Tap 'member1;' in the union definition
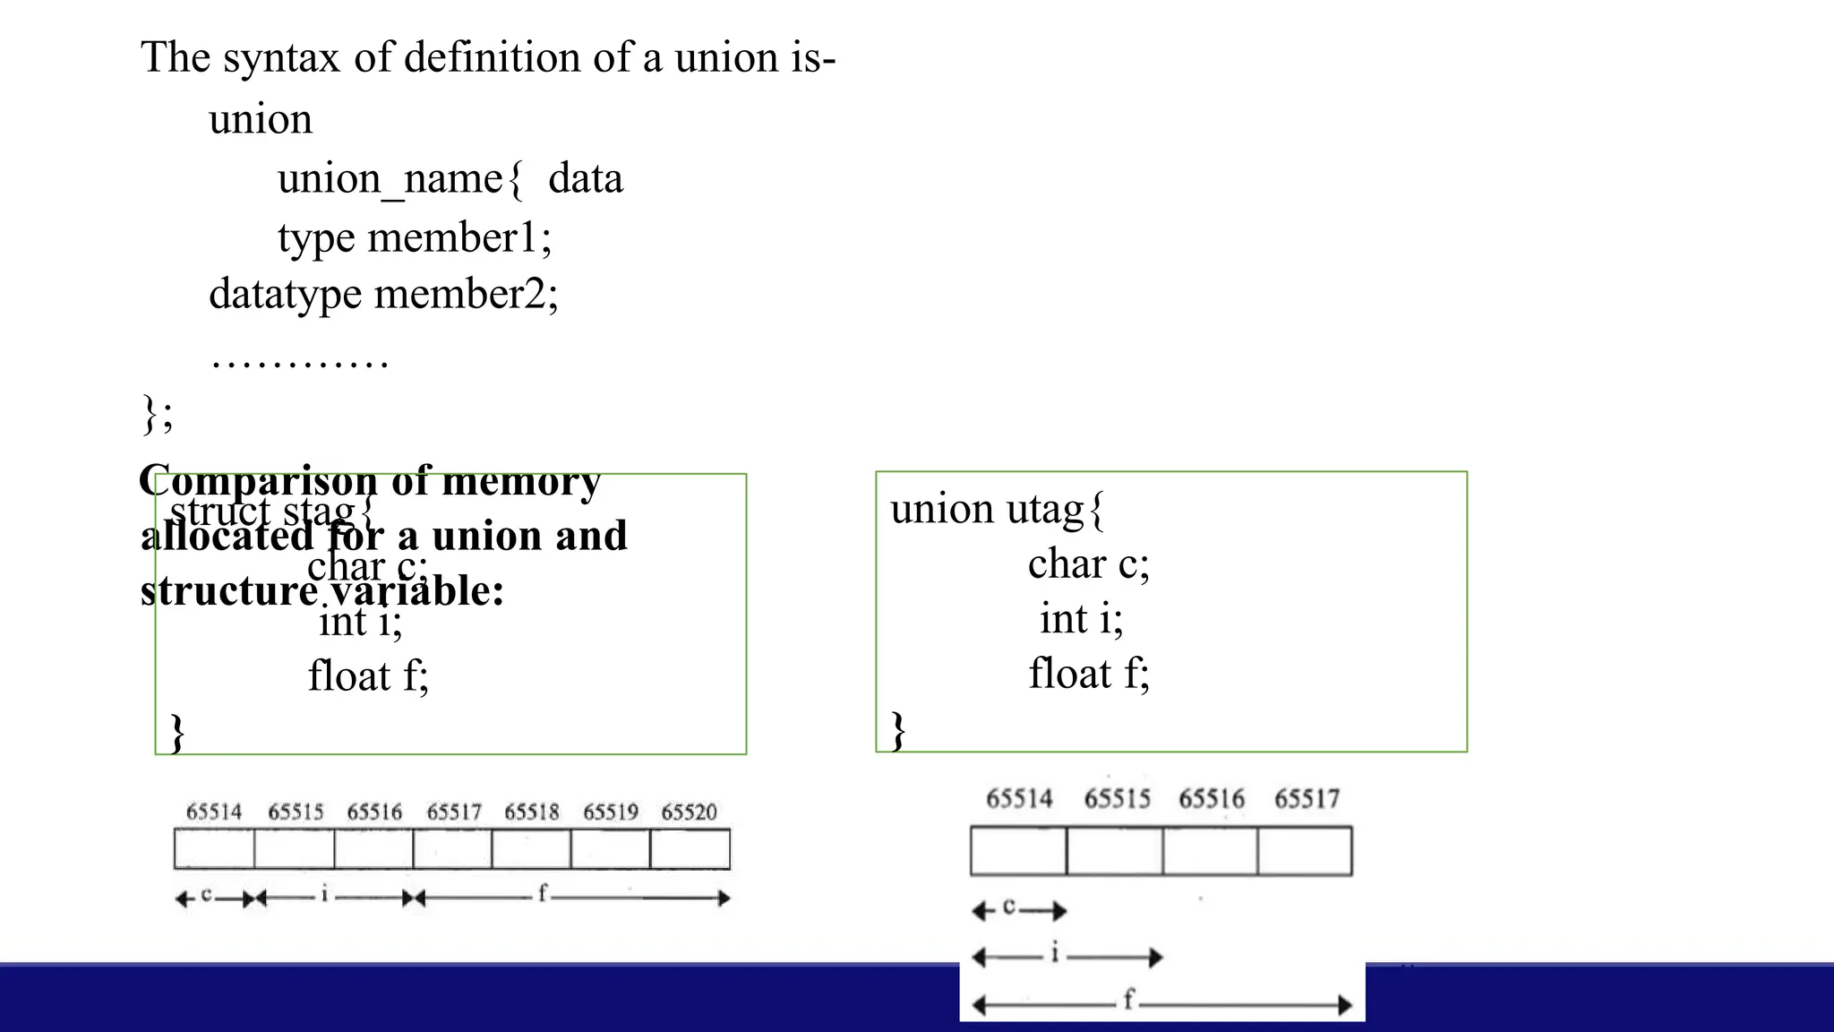coord(459,238)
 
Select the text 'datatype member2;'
coord(383,295)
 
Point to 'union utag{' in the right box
coord(997,510)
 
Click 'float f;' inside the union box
coord(1088,674)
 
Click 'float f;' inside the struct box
coord(368,676)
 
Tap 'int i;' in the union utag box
coord(1081,619)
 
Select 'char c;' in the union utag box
coord(1088,564)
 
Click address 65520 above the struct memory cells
coord(689,813)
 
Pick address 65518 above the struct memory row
coord(531,813)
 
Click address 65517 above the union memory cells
coord(1307,799)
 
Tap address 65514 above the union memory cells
coord(1019,799)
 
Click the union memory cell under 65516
coord(1210,851)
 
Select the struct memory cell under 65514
coord(214,849)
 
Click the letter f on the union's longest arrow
coord(1128,999)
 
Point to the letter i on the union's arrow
coord(1055,953)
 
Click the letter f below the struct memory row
coord(542,893)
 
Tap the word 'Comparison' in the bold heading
coord(257,481)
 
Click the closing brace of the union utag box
coord(898,730)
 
